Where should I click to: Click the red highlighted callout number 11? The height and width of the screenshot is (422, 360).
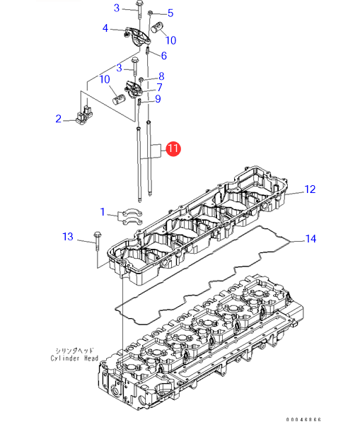pyautogui.click(x=173, y=148)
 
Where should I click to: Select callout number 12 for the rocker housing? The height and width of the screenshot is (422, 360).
pyautogui.click(x=310, y=189)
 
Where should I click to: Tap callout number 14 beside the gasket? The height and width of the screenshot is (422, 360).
pyautogui.click(x=310, y=239)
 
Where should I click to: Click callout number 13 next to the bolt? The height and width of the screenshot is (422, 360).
pyautogui.click(x=68, y=237)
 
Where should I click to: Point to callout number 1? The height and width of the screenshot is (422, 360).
pyautogui.click(x=103, y=212)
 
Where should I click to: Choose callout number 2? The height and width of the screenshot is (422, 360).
pyautogui.click(x=59, y=119)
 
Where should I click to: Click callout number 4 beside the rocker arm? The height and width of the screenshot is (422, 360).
pyautogui.click(x=105, y=28)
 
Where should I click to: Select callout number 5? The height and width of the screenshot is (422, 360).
pyautogui.click(x=170, y=13)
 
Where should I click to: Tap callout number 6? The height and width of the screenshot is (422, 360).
pyautogui.click(x=164, y=55)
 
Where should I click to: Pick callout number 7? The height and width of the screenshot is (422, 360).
pyautogui.click(x=160, y=87)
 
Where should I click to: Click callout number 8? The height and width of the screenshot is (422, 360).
pyautogui.click(x=161, y=76)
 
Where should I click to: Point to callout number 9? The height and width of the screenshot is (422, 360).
pyautogui.click(x=158, y=99)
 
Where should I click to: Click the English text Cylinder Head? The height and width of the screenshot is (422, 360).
pyautogui.click(x=74, y=358)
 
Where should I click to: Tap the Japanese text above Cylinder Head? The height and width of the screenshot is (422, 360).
pyautogui.click(x=74, y=351)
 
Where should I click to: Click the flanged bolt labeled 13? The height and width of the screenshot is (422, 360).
pyautogui.click(x=97, y=241)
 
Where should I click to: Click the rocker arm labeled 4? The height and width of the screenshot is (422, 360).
pyautogui.click(x=137, y=36)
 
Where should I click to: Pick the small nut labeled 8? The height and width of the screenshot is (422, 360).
pyautogui.click(x=141, y=79)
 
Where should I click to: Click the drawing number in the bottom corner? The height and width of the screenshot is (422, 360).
pyautogui.click(x=303, y=419)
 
